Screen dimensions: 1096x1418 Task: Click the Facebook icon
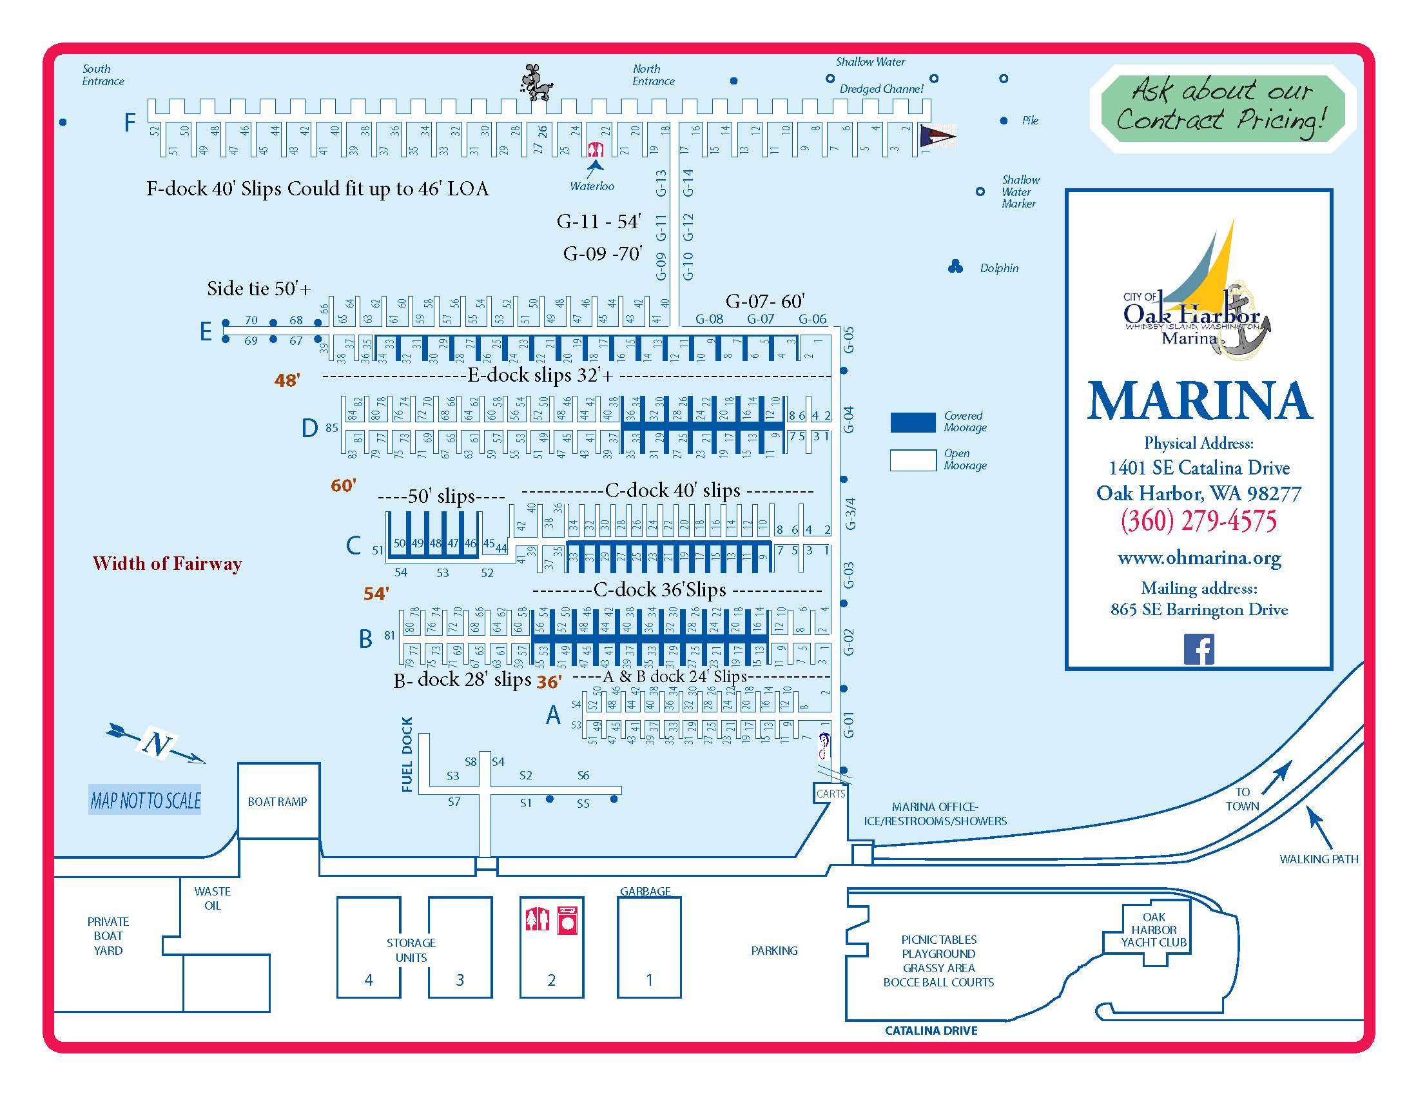[x=1199, y=649]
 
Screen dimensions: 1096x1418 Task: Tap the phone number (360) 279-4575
[x=1199, y=522]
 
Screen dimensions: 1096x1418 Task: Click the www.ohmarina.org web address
[x=1199, y=558]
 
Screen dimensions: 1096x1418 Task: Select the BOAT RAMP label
[x=277, y=802]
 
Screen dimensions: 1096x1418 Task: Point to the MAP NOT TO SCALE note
[x=146, y=801]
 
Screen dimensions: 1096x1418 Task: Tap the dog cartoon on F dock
[x=536, y=83]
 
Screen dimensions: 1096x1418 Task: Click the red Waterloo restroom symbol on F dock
[x=596, y=150]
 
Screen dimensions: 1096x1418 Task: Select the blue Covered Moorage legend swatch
[x=913, y=422]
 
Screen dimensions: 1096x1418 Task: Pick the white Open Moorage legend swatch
[x=913, y=460]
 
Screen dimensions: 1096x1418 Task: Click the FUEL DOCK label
[x=407, y=754]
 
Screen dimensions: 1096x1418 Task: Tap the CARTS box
[x=830, y=794]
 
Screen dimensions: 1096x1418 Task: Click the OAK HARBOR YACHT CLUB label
[x=1154, y=930]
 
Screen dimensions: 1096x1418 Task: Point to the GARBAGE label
[x=645, y=892]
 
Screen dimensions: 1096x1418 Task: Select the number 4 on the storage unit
[x=369, y=980]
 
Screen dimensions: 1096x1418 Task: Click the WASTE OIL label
[x=212, y=899]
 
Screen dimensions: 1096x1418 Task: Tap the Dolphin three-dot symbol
[x=955, y=266]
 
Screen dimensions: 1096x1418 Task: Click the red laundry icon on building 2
[x=567, y=920]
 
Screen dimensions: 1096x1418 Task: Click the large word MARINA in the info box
[x=1199, y=402]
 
